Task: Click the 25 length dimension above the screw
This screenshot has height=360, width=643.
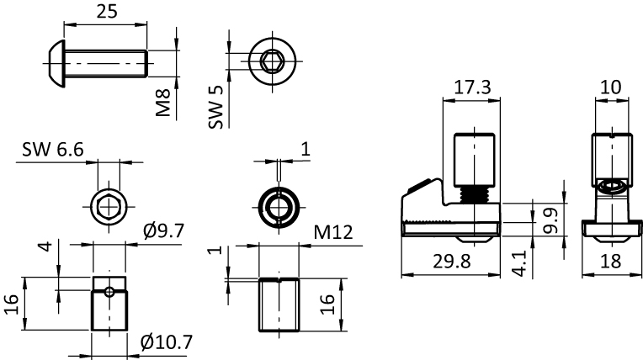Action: pos(107,12)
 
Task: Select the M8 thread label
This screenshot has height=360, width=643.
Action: pos(163,103)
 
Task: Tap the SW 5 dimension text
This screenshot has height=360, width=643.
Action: pos(216,107)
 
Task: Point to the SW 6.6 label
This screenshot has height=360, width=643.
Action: pos(53,149)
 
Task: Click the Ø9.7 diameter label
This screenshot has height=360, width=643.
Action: pos(164,231)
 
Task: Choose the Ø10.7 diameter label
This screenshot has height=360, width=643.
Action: pos(166,342)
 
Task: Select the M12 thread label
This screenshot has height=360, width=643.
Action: pos(333,232)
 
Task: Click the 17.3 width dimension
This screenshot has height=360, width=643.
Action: pos(472,87)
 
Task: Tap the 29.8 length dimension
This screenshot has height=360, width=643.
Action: pos(452,262)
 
